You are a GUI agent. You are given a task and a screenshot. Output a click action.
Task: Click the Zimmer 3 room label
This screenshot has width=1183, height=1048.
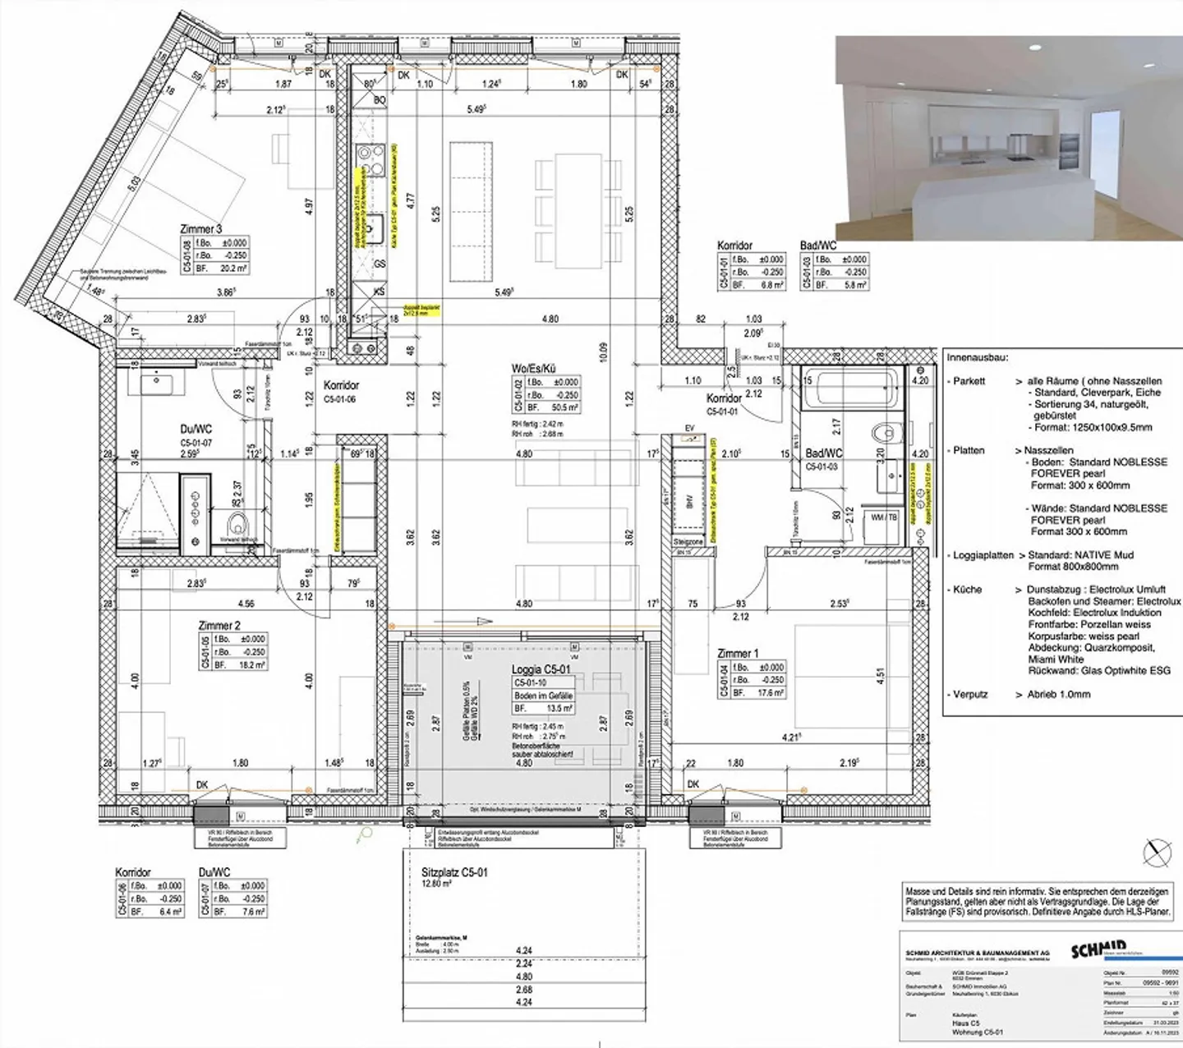(200, 229)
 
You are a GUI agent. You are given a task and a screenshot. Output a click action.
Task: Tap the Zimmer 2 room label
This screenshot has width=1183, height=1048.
(219, 626)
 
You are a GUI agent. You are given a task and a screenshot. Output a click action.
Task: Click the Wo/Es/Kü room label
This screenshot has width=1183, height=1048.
(533, 369)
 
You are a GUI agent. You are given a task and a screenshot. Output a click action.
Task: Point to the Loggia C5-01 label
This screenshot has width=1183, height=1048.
(541, 670)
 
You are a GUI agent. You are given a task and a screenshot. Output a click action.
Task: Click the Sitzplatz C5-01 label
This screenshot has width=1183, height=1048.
(453, 872)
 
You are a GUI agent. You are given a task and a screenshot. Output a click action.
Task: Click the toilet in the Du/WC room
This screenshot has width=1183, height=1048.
(237, 522)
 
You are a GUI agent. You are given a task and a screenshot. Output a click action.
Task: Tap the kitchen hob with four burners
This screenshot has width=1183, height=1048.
(371, 159)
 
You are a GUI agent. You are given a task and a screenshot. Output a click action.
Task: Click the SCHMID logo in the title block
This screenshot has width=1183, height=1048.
(1099, 950)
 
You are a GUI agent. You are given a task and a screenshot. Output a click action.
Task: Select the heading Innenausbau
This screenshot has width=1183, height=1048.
(977, 358)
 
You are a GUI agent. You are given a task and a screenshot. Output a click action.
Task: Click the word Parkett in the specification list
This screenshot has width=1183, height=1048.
(969, 381)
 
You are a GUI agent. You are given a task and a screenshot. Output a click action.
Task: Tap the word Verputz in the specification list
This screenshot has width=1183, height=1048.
(970, 694)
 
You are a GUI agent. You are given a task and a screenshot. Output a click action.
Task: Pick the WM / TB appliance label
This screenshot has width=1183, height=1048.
(883, 517)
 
